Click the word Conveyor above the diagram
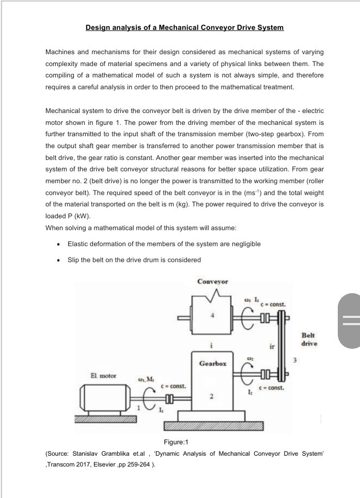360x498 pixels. click(x=212, y=281)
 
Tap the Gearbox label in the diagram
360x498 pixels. click(x=212, y=363)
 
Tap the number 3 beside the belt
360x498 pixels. click(x=296, y=360)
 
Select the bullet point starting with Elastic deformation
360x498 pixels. click(x=164, y=244)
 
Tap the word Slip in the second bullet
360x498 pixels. click(x=74, y=260)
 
